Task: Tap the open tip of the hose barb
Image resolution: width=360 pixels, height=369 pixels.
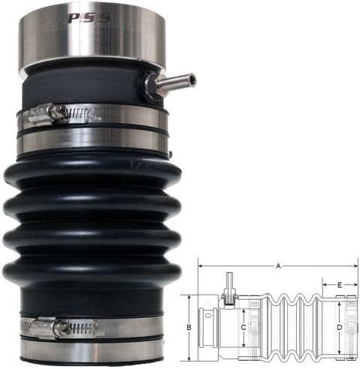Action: click(192, 77)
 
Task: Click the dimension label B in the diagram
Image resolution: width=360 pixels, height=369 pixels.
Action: click(189, 327)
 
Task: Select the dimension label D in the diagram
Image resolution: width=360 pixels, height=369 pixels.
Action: click(340, 327)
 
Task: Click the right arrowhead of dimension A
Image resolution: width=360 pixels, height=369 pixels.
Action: click(355, 265)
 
